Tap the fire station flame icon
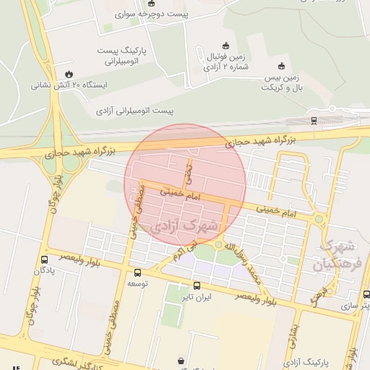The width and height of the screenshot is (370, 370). tap(69, 73)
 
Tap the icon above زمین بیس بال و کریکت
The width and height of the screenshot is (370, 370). tap(281, 66)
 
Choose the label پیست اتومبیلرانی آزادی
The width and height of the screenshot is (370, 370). tap(135, 111)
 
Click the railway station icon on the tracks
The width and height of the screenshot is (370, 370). tap(313, 120)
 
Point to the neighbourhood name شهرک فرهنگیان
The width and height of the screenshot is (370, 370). tap(335, 255)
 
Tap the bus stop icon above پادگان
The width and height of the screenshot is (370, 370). tap(45, 259)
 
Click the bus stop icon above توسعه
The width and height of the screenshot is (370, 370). tap(138, 272)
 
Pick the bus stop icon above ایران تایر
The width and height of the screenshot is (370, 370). tap(197, 286)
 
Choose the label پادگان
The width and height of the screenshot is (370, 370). tap(45, 270)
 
